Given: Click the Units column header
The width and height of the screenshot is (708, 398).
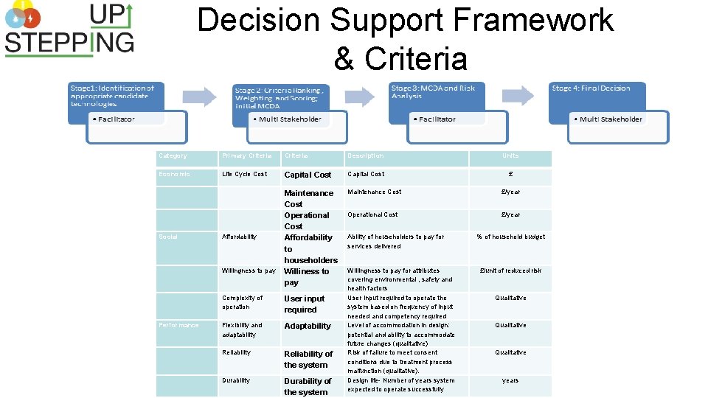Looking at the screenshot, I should pyautogui.click(x=510, y=156).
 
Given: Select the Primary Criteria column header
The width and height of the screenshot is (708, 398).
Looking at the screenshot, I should pyautogui.click(x=247, y=156).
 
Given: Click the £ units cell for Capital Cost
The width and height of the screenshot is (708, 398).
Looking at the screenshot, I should pyautogui.click(x=510, y=175).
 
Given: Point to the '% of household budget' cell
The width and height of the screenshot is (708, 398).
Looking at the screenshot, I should pyautogui.click(x=510, y=237).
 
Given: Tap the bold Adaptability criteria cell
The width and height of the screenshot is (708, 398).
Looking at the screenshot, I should pyautogui.click(x=308, y=326).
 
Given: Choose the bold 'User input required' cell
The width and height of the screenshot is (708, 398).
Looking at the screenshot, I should pyautogui.click(x=305, y=304).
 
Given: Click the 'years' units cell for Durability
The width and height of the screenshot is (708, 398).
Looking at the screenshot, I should pyautogui.click(x=510, y=381).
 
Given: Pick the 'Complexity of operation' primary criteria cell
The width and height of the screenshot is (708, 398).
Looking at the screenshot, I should pyautogui.click(x=243, y=302).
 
